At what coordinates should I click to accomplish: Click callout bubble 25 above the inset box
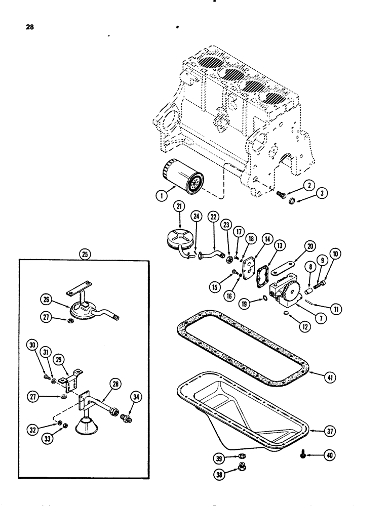point(85,254)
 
